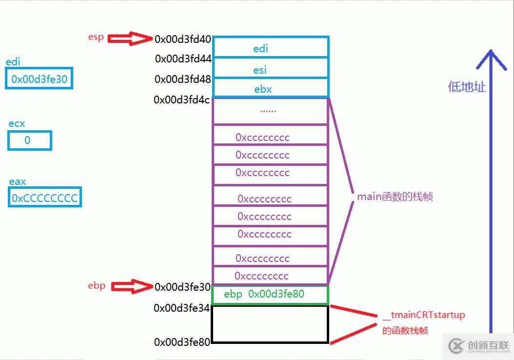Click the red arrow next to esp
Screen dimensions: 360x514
(x=130, y=39)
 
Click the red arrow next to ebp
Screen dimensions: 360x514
(x=132, y=286)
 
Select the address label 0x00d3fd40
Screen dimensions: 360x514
(x=183, y=40)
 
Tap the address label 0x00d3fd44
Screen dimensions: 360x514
(x=183, y=59)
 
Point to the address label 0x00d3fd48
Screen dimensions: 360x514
(x=183, y=79)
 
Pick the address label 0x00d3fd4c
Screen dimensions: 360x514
(x=182, y=100)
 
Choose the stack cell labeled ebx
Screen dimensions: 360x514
(x=271, y=88)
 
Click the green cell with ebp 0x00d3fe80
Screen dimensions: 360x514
(x=270, y=295)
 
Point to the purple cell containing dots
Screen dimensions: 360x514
(x=270, y=111)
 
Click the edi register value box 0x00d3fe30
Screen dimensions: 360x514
(x=39, y=79)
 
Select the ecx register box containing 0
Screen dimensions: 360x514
(x=29, y=140)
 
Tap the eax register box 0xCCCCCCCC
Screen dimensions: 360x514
(x=44, y=198)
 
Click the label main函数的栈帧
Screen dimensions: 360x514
(x=395, y=197)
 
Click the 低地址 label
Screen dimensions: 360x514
(x=467, y=87)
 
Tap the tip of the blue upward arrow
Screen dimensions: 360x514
(x=491, y=51)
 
